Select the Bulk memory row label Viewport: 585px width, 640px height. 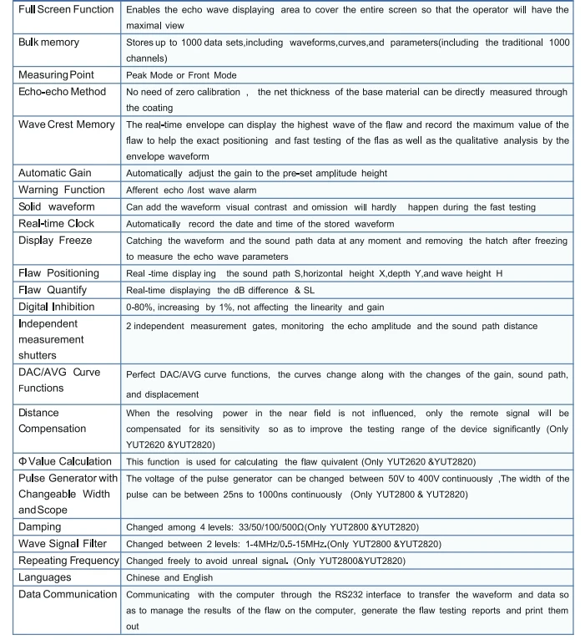48,41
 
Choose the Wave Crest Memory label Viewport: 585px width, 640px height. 66,124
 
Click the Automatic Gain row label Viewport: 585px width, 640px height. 56,173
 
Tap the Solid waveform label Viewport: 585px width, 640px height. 56,206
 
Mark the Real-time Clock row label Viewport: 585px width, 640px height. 55,222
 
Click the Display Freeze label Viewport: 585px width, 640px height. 54,241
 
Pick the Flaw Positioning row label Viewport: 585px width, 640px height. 58,273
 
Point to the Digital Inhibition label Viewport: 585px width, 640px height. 56,306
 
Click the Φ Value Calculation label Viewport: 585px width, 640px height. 63,462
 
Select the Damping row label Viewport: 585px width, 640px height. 41,527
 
